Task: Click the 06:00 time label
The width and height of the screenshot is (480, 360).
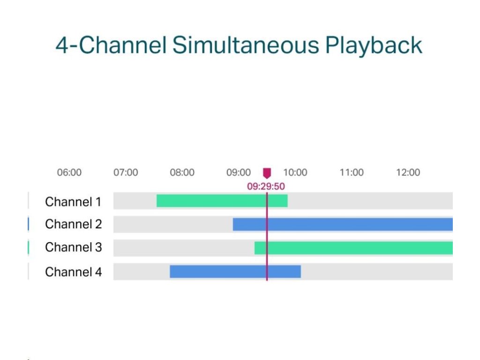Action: click(x=69, y=172)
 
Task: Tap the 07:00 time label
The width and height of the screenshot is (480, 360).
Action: click(x=126, y=172)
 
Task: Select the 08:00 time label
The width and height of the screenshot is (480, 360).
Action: click(x=182, y=172)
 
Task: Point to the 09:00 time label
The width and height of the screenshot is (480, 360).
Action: click(x=239, y=172)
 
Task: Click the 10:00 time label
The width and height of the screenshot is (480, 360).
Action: click(x=295, y=172)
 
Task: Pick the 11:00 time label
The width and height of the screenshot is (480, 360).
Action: click(x=352, y=172)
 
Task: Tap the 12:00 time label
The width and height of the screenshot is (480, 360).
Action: click(x=408, y=172)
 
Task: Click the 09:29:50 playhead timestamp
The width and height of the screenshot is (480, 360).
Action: click(x=266, y=186)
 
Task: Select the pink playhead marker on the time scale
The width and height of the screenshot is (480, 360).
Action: click(x=267, y=173)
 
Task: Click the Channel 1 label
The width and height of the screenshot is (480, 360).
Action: click(x=73, y=202)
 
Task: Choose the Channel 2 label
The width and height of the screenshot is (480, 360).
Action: click(x=74, y=224)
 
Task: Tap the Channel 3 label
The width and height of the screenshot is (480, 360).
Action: click(x=74, y=247)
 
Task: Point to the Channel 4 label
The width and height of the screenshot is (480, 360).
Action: click(x=74, y=272)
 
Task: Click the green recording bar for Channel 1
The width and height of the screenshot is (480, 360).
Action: click(x=222, y=201)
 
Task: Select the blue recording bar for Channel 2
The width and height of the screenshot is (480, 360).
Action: click(x=343, y=225)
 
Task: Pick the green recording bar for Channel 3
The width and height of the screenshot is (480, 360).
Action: click(x=353, y=248)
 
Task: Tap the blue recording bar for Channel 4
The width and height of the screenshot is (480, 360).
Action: click(x=235, y=271)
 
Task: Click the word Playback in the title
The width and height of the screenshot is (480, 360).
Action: click(x=374, y=46)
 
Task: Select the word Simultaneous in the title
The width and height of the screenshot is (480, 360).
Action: click(x=246, y=45)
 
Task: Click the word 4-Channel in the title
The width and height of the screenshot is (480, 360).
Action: click(x=111, y=45)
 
